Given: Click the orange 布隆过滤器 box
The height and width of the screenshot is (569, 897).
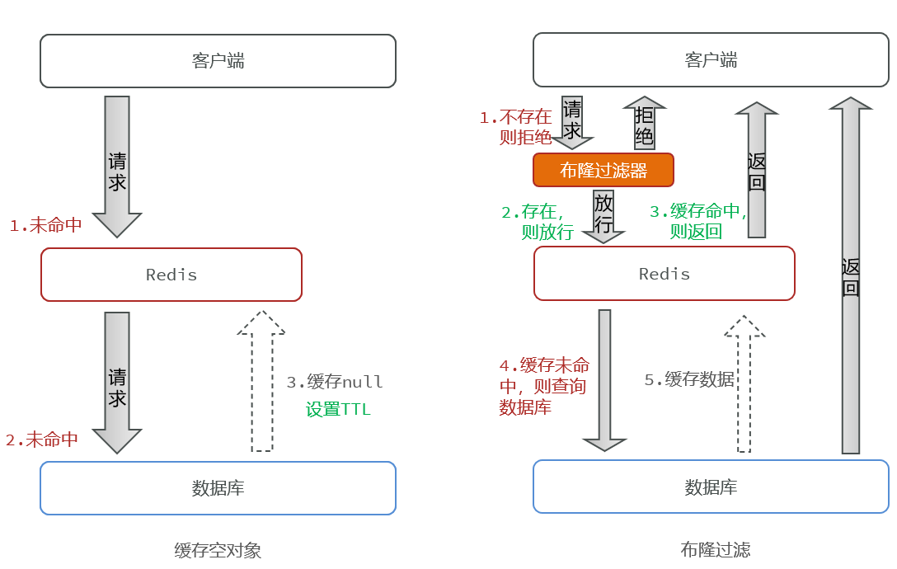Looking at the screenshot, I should point(603,170).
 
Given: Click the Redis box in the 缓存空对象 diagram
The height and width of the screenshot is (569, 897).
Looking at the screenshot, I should point(171,275).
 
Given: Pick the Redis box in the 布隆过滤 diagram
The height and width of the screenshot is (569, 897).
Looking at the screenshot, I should point(664,274).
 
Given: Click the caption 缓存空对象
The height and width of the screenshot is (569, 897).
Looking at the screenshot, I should point(218,550).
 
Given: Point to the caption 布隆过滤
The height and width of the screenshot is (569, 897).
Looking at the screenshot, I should point(715,550).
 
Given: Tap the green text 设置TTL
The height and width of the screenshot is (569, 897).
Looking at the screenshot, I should point(338,409).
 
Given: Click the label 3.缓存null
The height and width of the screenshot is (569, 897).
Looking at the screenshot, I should point(335,382).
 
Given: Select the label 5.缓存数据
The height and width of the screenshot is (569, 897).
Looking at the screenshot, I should point(688,379).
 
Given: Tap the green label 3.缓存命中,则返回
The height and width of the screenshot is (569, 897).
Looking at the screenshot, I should point(697,222).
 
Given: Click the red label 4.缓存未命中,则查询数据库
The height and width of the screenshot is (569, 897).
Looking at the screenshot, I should point(544,386).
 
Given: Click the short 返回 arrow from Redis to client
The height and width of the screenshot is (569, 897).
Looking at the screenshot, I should point(756,170).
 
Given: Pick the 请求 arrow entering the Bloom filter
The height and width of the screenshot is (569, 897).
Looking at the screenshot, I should point(572,121).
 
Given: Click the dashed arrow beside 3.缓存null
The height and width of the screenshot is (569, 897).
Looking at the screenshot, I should point(261,383).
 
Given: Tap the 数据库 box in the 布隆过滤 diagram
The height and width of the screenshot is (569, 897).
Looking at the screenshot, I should point(711,487).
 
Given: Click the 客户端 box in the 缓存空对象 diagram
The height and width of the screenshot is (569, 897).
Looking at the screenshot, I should point(218,61).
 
